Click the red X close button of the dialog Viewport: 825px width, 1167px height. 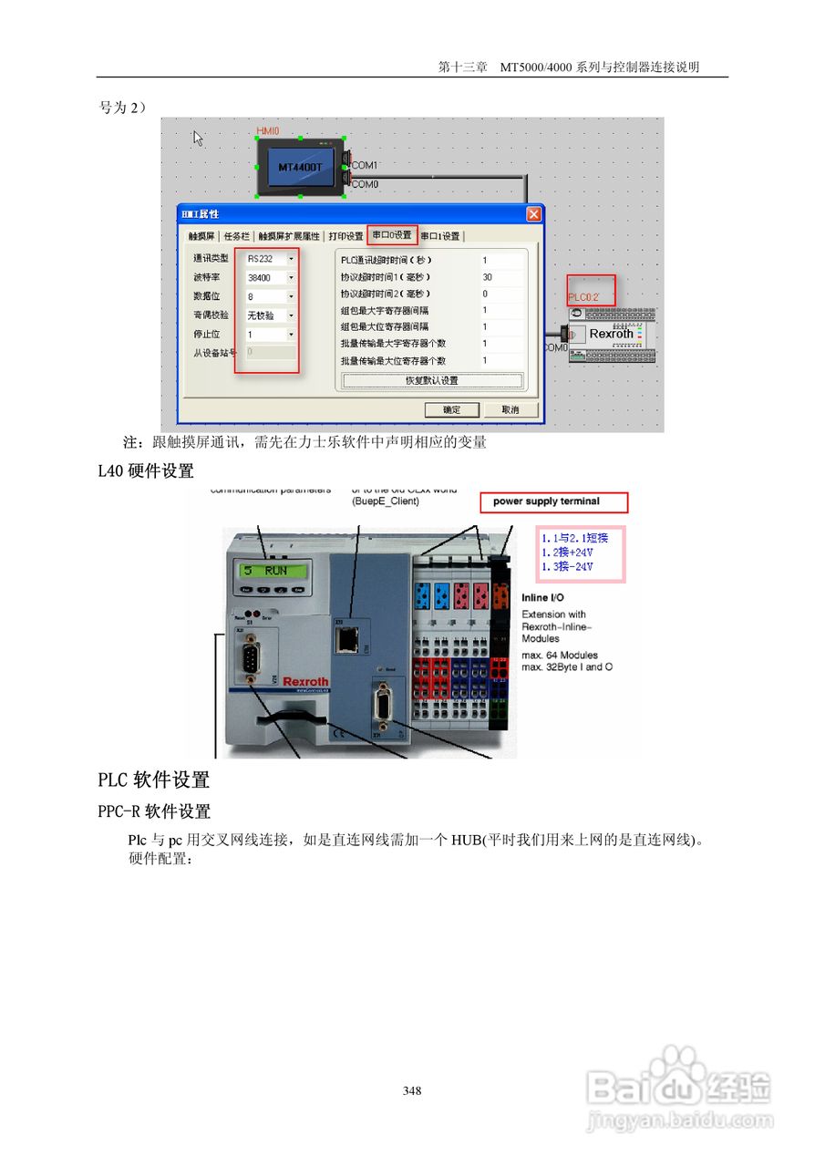(x=533, y=214)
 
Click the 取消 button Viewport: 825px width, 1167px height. (x=510, y=409)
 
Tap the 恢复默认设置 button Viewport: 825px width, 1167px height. (x=432, y=380)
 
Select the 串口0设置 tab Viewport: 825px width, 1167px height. (x=392, y=235)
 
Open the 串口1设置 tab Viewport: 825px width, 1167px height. (x=440, y=236)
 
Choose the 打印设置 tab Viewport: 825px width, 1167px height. (x=345, y=236)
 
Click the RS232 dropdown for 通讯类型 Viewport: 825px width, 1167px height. (x=271, y=259)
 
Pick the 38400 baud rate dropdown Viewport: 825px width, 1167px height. (x=271, y=277)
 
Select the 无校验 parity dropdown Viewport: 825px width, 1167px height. (x=271, y=315)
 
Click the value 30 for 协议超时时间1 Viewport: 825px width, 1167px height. (x=488, y=277)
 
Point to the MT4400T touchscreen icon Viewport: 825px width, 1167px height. (x=300, y=168)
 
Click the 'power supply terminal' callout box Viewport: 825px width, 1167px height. (x=553, y=501)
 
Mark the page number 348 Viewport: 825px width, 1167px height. (x=412, y=1090)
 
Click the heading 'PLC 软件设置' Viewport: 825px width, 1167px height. (x=154, y=780)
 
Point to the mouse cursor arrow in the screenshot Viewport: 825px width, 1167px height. (x=198, y=138)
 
